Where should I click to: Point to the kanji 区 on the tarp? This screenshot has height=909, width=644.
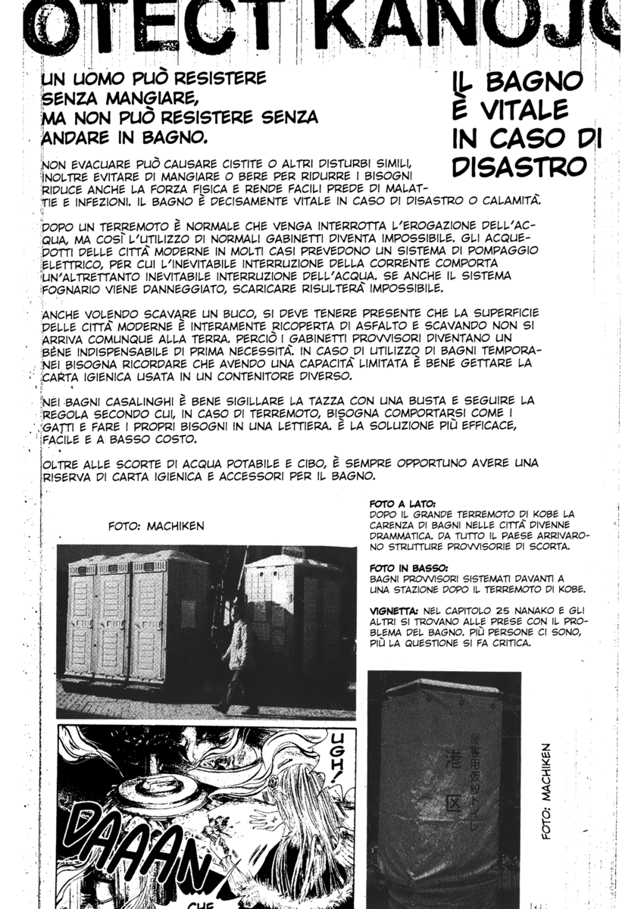(453, 801)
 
